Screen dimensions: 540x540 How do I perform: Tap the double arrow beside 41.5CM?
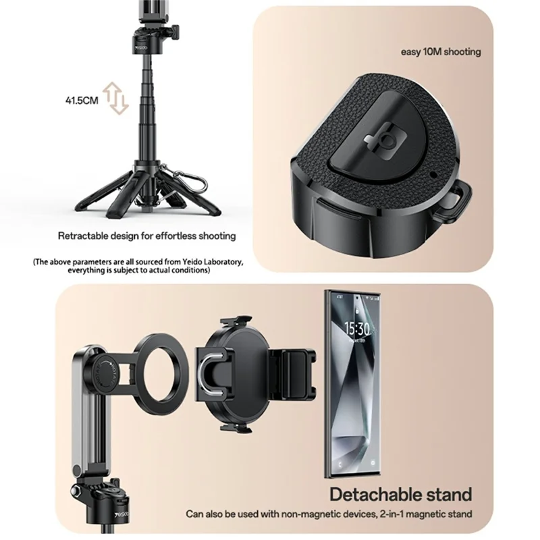[x=117, y=99]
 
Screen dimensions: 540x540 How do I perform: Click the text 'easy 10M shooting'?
[x=441, y=52]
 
